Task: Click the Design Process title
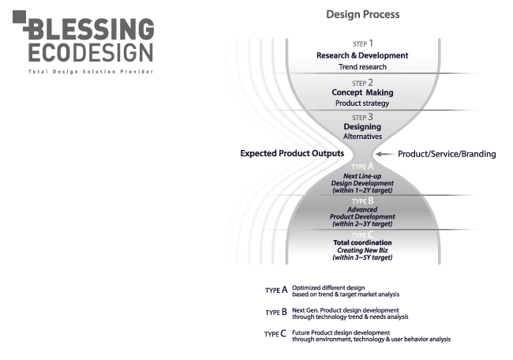(363, 14)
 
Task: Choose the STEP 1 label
(362, 44)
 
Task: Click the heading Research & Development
(362, 55)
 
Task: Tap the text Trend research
(362, 67)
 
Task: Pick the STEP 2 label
(362, 82)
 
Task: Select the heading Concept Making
(362, 92)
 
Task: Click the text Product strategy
(362, 103)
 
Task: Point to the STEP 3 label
(362, 117)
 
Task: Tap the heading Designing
(362, 126)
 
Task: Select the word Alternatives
(362, 137)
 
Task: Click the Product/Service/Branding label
(446, 154)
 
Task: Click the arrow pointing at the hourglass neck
(383, 154)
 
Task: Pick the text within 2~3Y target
(362, 224)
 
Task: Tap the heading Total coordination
(362, 243)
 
